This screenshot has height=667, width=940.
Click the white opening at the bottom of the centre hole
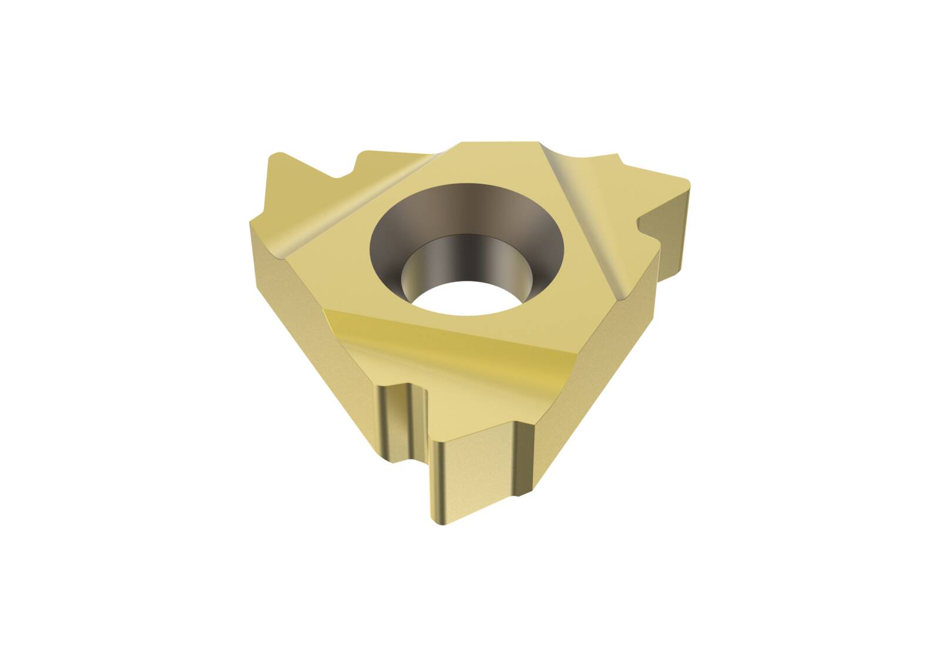pos(470,297)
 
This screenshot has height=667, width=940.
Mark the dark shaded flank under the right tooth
pos(676,235)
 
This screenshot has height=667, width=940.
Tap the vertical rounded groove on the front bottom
pos(405,423)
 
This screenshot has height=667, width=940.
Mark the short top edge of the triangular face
pos(499,142)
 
